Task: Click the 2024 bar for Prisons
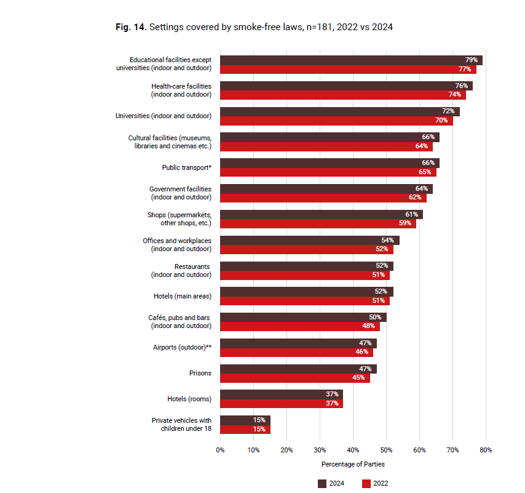pyautogui.click(x=298, y=369)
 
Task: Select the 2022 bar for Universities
pyautogui.click(x=336, y=121)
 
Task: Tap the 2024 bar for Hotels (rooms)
pyautogui.click(x=282, y=395)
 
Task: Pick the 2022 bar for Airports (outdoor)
pyautogui.click(x=297, y=352)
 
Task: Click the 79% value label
pyautogui.click(x=471, y=60)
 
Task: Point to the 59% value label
pyautogui.click(x=405, y=223)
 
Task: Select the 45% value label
pyautogui.click(x=358, y=378)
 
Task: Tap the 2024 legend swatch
pyautogui.click(x=322, y=484)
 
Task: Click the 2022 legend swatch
pyautogui.click(x=366, y=484)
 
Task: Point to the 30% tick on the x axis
pyautogui.click(x=320, y=450)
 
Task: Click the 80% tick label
pyautogui.click(x=486, y=450)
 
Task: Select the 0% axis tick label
pyautogui.click(x=220, y=450)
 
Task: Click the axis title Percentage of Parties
pyautogui.click(x=353, y=464)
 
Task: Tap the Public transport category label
pyautogui.click(x=187, y=167)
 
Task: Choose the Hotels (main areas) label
pyautogui.click(x=183, y=296)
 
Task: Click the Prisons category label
pyautogui.click(x=200, y=373)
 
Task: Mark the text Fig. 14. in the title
pyautogui.click(x=131, y=27)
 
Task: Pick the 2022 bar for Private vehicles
pyautogui.click(x=245, y=430)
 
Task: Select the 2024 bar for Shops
pyautogui.click(x=322, y=214)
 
